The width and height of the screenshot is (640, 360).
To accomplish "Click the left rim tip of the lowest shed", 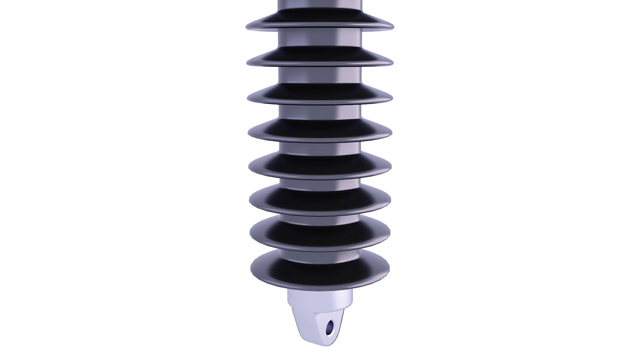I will click(x=251, y=267).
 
